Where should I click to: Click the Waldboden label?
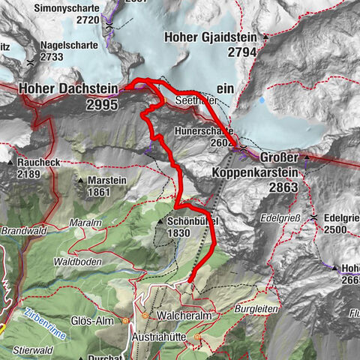pyautogui.click(x=76, y=262)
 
